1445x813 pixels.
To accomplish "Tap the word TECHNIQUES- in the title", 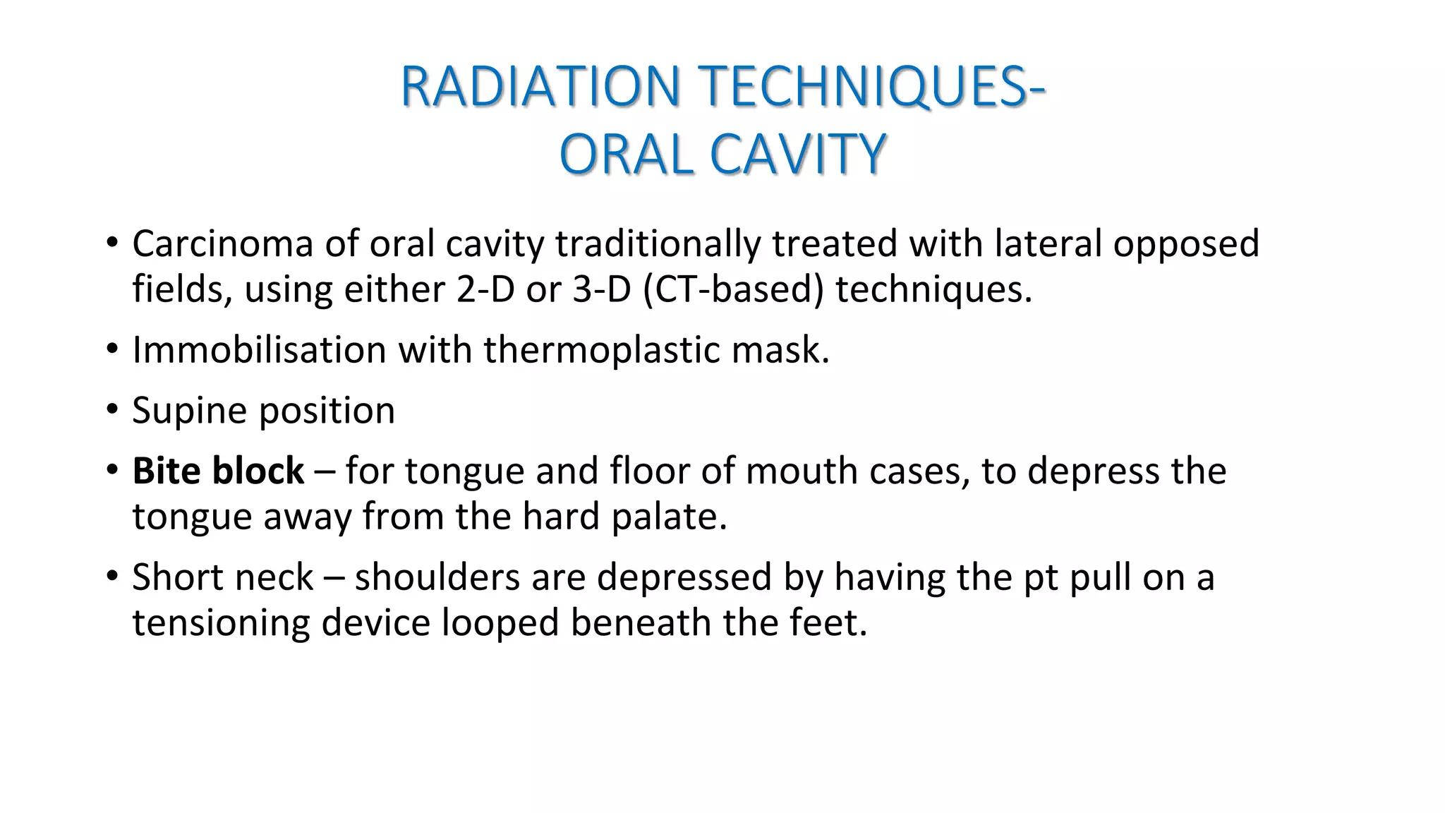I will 871,86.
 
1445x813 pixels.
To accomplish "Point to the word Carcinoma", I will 223,243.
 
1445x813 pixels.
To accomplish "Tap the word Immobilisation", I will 259,350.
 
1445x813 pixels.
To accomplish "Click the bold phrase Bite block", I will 218,471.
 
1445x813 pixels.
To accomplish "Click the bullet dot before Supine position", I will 112,411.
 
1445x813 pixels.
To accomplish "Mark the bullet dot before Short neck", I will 112,577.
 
